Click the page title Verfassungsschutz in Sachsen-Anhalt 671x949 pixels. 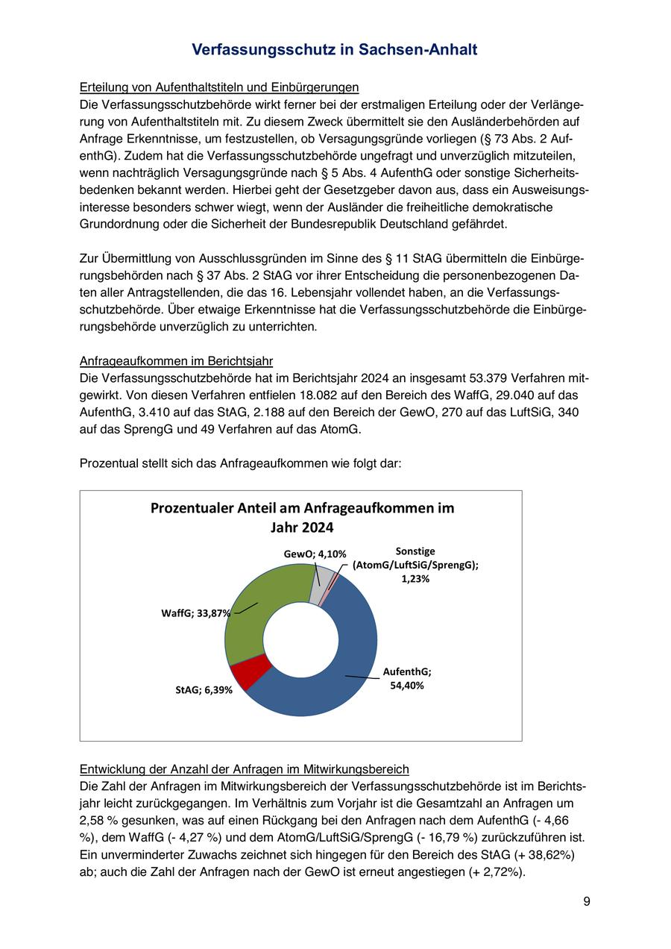335,49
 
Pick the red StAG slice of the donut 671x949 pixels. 251,671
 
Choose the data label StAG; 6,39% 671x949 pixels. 204,690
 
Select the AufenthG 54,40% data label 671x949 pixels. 407,678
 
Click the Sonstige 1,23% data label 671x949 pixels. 415,565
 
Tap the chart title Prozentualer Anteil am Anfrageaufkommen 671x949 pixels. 302,516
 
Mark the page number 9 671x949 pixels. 587,901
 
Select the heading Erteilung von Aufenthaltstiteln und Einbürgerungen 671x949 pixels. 219,87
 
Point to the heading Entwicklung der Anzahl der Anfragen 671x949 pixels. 244,769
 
